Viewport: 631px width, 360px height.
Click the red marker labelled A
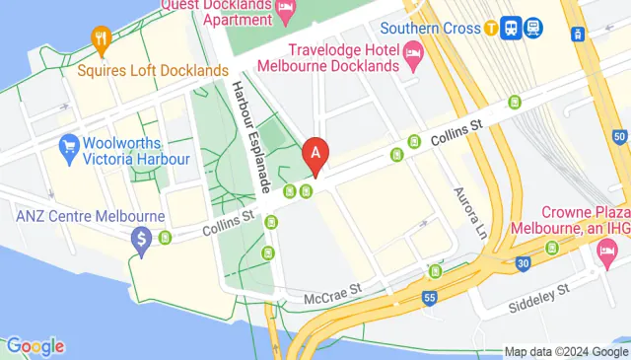[315, 153]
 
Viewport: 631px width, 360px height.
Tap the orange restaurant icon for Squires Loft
[101, 39]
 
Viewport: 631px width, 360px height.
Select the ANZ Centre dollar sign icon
[142, 238]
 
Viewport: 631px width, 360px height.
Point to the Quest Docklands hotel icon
[285, 12]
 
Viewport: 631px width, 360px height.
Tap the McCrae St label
[329, 290]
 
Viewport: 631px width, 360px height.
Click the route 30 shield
[526, 261]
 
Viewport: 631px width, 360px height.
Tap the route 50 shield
[618, 136]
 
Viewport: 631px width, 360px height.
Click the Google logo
[35, 346]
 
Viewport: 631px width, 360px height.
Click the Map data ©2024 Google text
[566, 351]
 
